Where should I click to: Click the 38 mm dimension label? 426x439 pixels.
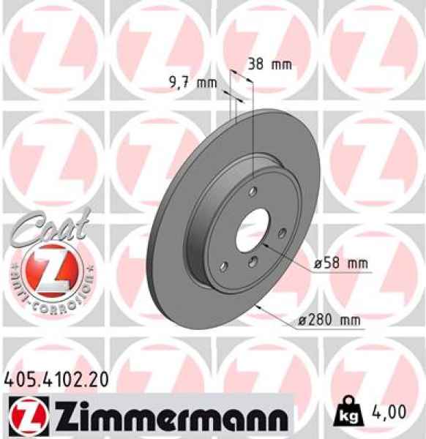coord(269,64)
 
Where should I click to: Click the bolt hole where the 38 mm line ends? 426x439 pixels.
coord(253,193)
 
